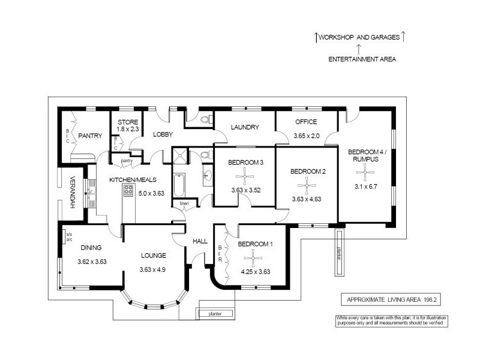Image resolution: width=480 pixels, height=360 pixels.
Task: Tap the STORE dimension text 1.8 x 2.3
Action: click(127, 128)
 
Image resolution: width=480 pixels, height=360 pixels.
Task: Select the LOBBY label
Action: click(163, 134)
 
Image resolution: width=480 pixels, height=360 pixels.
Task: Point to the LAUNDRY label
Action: click(245, 127)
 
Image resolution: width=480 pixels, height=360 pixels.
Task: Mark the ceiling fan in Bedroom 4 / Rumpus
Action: click(366, 172)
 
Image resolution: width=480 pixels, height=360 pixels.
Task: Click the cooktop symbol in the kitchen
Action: click(128, 191)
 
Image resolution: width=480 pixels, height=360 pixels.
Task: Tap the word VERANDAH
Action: click(72, 192)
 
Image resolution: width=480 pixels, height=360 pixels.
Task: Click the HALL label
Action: click(199, 241)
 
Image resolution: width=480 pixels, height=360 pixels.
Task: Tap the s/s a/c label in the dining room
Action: click(68, 236)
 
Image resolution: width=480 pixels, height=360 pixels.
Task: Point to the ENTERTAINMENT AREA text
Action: click(362, 59)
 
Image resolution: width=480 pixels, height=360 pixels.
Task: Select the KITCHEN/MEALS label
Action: click(127, 180)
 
